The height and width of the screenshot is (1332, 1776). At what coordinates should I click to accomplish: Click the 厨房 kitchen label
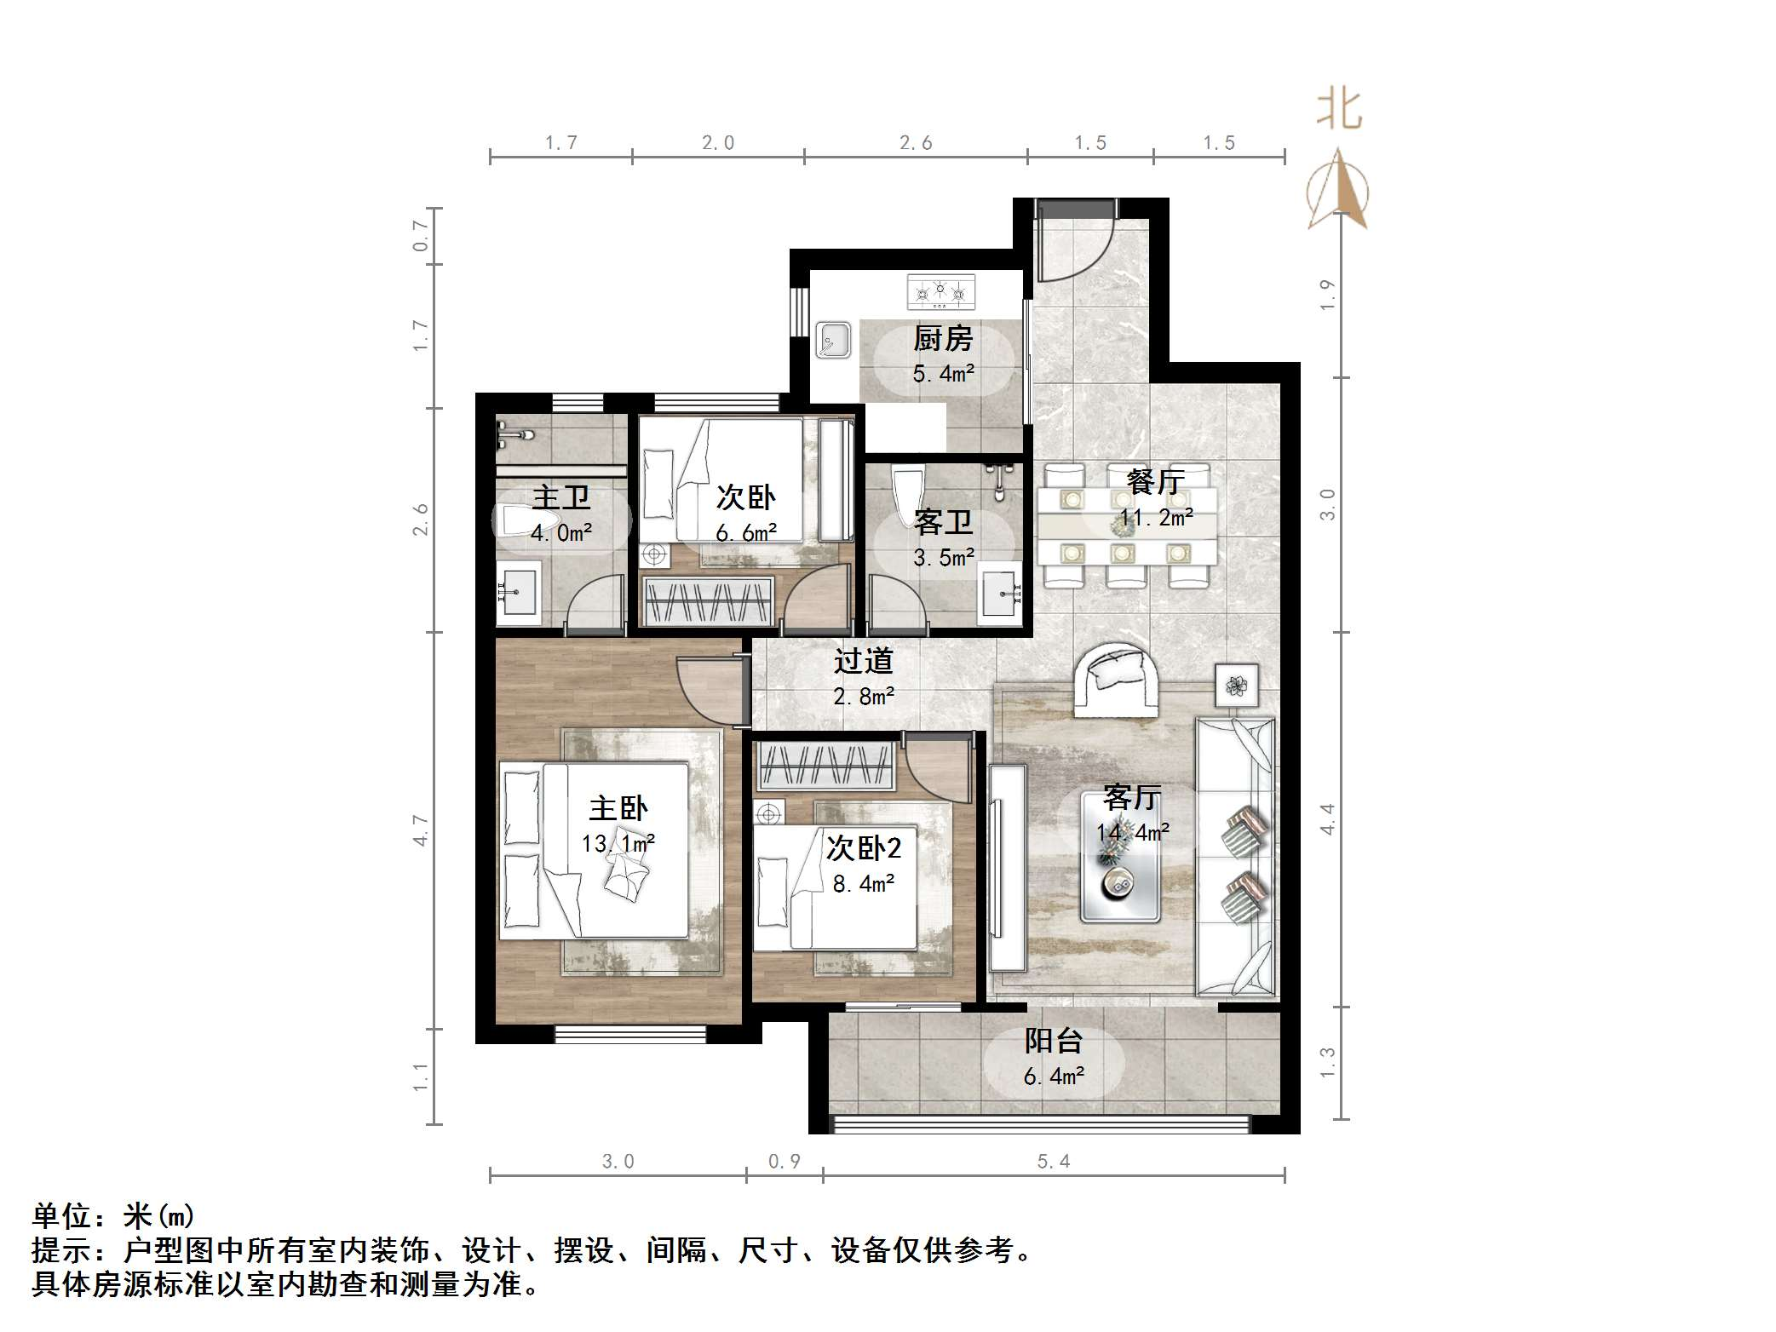click(x=942, y=339)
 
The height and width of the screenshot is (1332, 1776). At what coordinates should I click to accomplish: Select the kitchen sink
click(x=833, y=341)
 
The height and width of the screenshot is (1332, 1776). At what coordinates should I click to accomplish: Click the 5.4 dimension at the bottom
click(x=1053, y=1162)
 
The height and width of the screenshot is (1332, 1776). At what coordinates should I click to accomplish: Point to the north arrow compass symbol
click(x=1338, y=192)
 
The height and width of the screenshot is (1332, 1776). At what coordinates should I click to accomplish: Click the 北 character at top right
click(x=1339, y=110)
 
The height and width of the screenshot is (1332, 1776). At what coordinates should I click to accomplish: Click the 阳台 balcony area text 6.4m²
click(x=1053, y=1077)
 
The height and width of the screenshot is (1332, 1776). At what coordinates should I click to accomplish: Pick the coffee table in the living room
click(x=1119, y=857)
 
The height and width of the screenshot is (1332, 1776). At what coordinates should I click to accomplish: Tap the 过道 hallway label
click(x=863, y=662)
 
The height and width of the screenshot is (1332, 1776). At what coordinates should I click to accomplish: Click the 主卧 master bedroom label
click(x=618, y=808)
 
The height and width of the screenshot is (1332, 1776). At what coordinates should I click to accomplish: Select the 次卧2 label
click(x=863, y=847)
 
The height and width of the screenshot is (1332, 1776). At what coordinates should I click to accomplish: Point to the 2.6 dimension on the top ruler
click(x=916, y=143)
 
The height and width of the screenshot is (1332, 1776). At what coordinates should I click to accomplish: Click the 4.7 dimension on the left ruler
click(x=420, y=830)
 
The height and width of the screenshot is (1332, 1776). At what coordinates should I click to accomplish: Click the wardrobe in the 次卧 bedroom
click(x=709, y=601)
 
